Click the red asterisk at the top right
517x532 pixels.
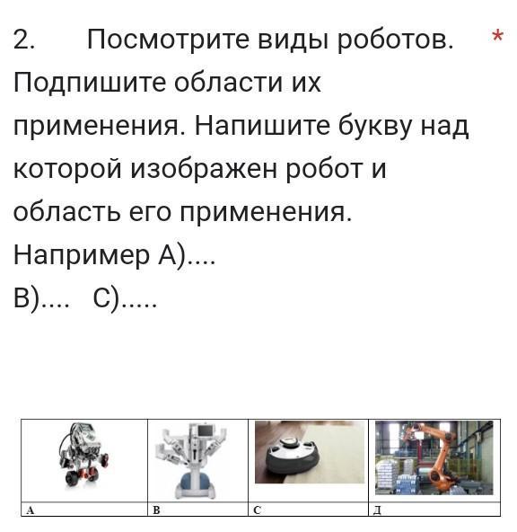[497, 35]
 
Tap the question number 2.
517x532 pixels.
[23, 40]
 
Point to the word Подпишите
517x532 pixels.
[90, 83]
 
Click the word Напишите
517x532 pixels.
[262, 126]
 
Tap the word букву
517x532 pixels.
[376, 127]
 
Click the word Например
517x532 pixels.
[82, 255]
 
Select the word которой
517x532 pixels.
[67, 169]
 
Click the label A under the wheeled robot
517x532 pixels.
[30, 510]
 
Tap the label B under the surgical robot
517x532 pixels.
[156, 510]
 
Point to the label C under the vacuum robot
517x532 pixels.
[257, 510]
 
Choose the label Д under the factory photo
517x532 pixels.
[377, 510]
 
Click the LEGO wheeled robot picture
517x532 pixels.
[83, 456]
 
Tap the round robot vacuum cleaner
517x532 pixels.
[293, 457]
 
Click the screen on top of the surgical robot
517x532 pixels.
[206, 430]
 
